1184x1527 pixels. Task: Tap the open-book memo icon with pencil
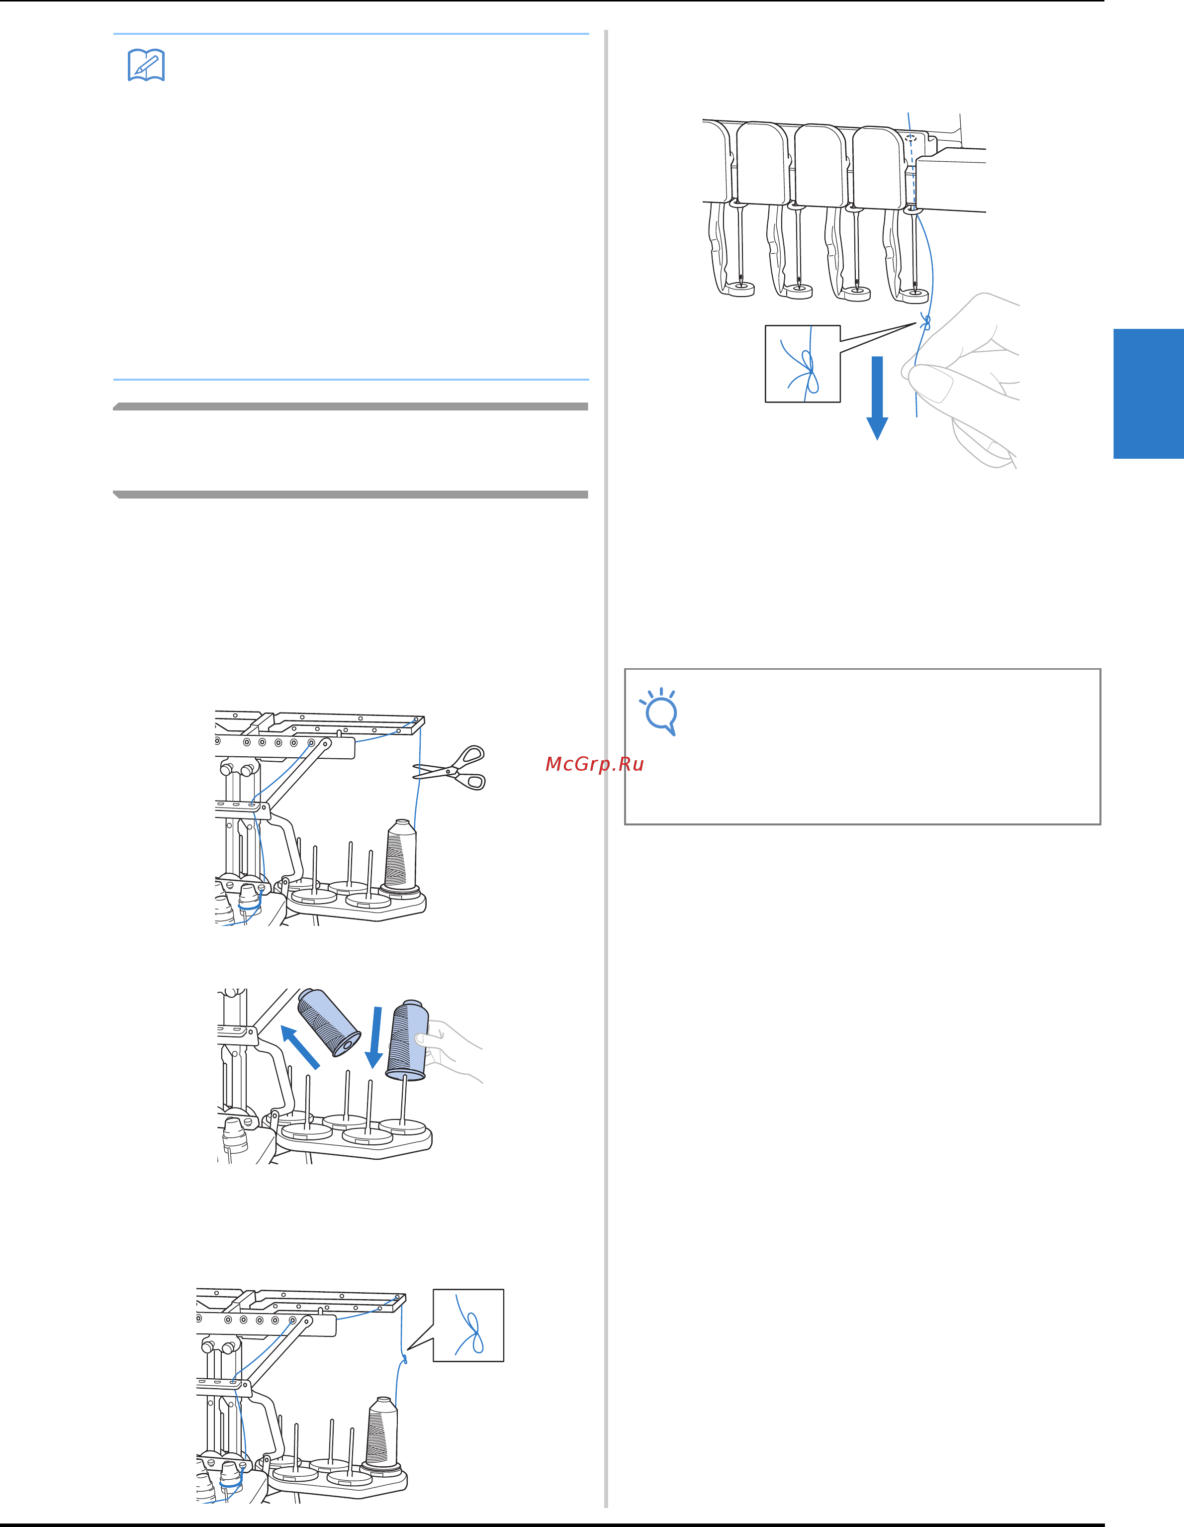click(146, 65)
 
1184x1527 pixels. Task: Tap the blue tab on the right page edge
click(1148, 394)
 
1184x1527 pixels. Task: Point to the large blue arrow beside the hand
click(877, 398)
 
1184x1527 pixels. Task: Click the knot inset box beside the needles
click(803, 364)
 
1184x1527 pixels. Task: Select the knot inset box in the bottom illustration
click(468, 1325)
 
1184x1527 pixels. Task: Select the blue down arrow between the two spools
click(376, 1037)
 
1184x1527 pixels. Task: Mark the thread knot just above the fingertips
click(926, 322)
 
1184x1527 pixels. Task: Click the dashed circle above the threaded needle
click(911, 138)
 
